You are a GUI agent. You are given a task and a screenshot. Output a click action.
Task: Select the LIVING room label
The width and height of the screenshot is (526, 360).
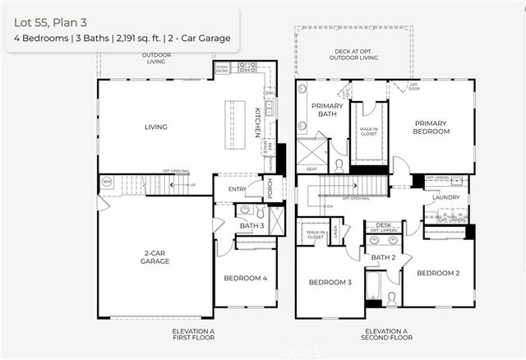[x=155, y=127]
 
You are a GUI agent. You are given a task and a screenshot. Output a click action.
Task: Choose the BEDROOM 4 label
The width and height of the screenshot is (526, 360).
[x=245, y=278]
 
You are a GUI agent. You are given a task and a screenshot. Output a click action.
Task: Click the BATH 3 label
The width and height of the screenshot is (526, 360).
[x=251, y=225]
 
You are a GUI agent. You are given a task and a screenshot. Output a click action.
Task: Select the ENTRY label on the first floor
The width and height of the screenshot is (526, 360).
[x=238, y=189]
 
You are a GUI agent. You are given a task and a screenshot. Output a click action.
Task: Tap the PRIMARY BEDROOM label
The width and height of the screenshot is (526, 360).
[x=432, y=127]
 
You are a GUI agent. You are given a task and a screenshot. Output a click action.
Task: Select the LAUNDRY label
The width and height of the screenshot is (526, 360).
[x=446, y=197]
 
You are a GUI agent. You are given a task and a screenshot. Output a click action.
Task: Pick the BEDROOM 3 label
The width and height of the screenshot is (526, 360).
[x=330, y=282]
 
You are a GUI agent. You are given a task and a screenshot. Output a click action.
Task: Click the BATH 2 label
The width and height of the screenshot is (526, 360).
[x=382, y=257]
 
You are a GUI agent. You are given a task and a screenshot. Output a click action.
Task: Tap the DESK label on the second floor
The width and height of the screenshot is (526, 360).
[x=383, y=224]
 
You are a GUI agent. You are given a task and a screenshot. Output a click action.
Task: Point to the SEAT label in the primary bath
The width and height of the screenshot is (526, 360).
[x=311, y=169]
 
